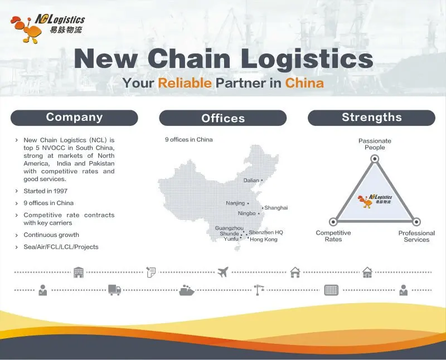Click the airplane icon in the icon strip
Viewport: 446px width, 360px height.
pyautogui.click(x=223, y=273)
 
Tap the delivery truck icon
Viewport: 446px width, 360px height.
pyautogui.click(x=114, y=290)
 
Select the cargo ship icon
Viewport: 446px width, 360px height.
pyautogui.click(x=187, y=290)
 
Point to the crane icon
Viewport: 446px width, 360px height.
pyautogui.click(x=259, y=290)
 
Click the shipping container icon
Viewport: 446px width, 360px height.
pyautogui.click(x=331, y=290)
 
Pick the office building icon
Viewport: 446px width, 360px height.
pyautogui.click(x=79, y=273)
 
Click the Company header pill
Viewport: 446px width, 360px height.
pyautogui.click(x=74, y=118)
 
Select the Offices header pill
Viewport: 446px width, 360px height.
pyautogui.click(x=223, y=118)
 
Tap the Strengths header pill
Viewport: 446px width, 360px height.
pyautogui.click(x=371, y=118)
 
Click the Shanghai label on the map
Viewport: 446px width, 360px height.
pyautogui.click(x=276, y=208)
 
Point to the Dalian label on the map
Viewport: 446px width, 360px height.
pyautogui.click(x=251, y=181)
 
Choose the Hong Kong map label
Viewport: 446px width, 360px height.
pyautogui.click(x=263, y=240)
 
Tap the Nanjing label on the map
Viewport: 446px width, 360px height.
pyautogui.click(x=235, y=203)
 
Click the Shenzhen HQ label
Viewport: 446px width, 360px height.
pyautogui.click(x=266, y=232)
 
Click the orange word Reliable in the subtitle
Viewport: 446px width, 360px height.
pyautogui.click(x=185, y=83)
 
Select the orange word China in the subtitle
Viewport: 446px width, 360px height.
pyautogui.click(x=304, y=83)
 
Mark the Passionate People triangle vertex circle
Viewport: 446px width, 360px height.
pyautogui.click(x=375, y=159)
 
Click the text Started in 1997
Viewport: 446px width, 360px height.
pyautogui.click(x=45, y=191)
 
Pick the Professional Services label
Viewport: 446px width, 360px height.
pyautogui.click(x=416, y=236)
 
